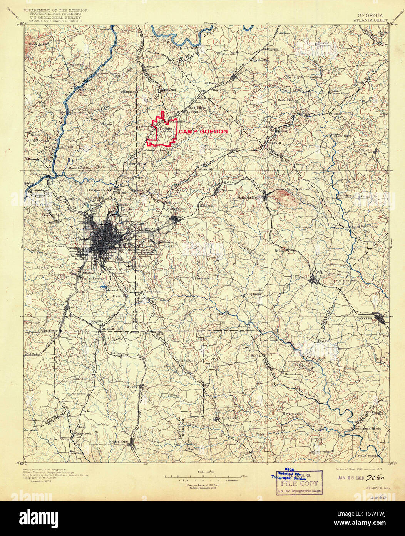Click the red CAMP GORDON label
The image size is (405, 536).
pos(203,131)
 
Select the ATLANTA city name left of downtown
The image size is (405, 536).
pos(72,239)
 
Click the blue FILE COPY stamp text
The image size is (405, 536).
pos(300,484)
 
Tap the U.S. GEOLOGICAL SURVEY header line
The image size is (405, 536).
pos(52,17)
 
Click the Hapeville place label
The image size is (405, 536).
pos(94,321)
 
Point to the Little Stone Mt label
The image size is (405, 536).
pos(343,281)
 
